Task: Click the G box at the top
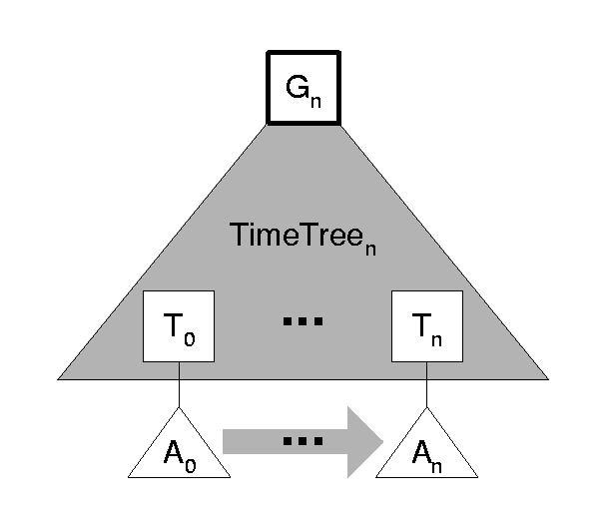coord(305,87)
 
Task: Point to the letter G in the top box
coord(299,86)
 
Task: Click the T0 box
coord(179,325)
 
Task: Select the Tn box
coord(427,325)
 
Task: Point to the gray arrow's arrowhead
coord(364,440)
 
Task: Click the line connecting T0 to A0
coord(179,384)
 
